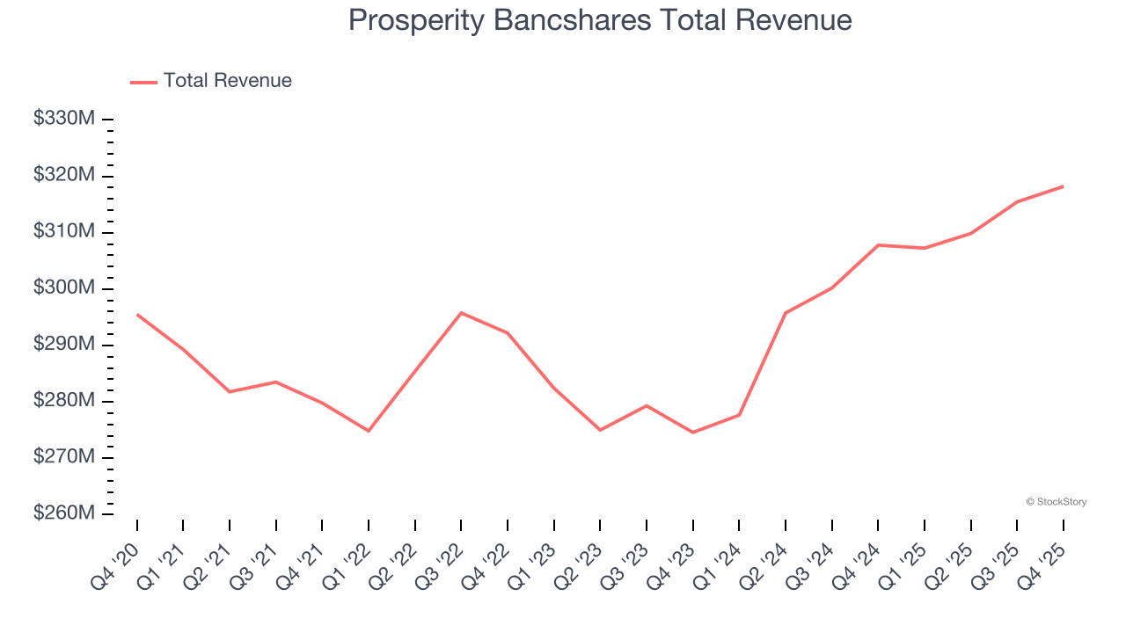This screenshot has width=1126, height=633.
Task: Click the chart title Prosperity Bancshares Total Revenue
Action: pyautogui.click(x=600, y=20)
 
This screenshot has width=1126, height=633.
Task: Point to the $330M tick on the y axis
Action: pyautogui.click(x=64, y=119)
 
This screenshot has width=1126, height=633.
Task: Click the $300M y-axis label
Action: pyautogui.click(x=64, y=288)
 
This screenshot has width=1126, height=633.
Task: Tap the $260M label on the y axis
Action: pyautogui.click(x=64, y=513)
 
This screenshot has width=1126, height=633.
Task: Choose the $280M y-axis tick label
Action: pyautogui.click(x=64, y=401)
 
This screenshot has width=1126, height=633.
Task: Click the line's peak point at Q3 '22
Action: pyautogui.click(x=462, y=313)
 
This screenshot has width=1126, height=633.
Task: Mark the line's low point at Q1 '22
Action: pyautogui.click(x=369, y=431)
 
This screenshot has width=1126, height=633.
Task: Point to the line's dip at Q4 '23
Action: pyautogui.click(x=693, y=433)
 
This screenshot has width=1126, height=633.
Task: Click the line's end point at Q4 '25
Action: pyautogui.click(x=1063, y=186)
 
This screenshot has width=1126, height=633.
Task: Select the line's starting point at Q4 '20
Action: pyautogui.click(x=137, y=314)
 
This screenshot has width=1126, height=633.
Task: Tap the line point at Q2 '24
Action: pyautogui.click(x=786, y=313)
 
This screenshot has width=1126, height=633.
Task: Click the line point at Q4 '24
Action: pyautogui.click(x=878, y=245)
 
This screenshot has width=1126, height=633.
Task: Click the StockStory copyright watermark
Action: pyautogui.click(x=1056, y=502)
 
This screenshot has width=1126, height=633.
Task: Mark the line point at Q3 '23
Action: pyautogui.click(x=647, y=405)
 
